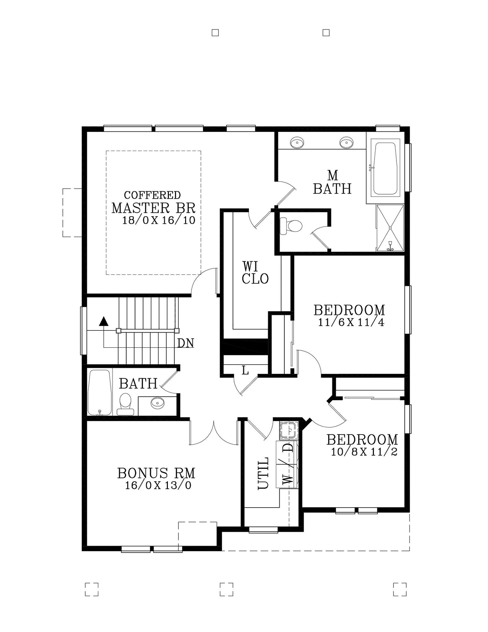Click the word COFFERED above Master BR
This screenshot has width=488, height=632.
pos(152,195)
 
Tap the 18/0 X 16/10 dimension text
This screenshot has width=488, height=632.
pos(158,220)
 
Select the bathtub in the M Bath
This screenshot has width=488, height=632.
pos(385,168)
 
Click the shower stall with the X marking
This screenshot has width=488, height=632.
pos(390,228)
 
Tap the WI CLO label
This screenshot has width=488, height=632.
pos(255,273)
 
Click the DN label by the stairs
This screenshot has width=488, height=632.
pos(186,343)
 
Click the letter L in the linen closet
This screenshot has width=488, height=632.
pos(245,371)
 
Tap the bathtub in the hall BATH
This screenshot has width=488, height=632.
pos(99,392)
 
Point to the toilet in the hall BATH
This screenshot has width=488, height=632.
pos(125,403)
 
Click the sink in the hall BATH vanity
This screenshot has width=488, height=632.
pos(157,402)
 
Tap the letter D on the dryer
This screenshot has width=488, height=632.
pos(288,448)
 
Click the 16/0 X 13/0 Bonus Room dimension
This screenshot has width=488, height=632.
pos(158,485)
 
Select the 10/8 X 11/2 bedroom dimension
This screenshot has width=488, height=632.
pos(364,452)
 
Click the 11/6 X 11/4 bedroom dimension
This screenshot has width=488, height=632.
pos(351,322)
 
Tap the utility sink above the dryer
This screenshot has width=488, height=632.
pos(288,430)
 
